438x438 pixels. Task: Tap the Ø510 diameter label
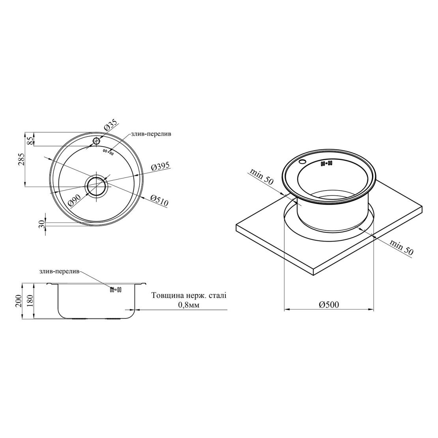pyautogui.click(x=159, y=200)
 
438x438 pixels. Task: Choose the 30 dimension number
pyautogui.click(x=42, y=224)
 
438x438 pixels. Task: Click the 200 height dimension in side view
pyautogui.click(x=18, y=301)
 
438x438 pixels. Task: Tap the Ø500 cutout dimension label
pyautogui.click(x=329, y=305)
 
